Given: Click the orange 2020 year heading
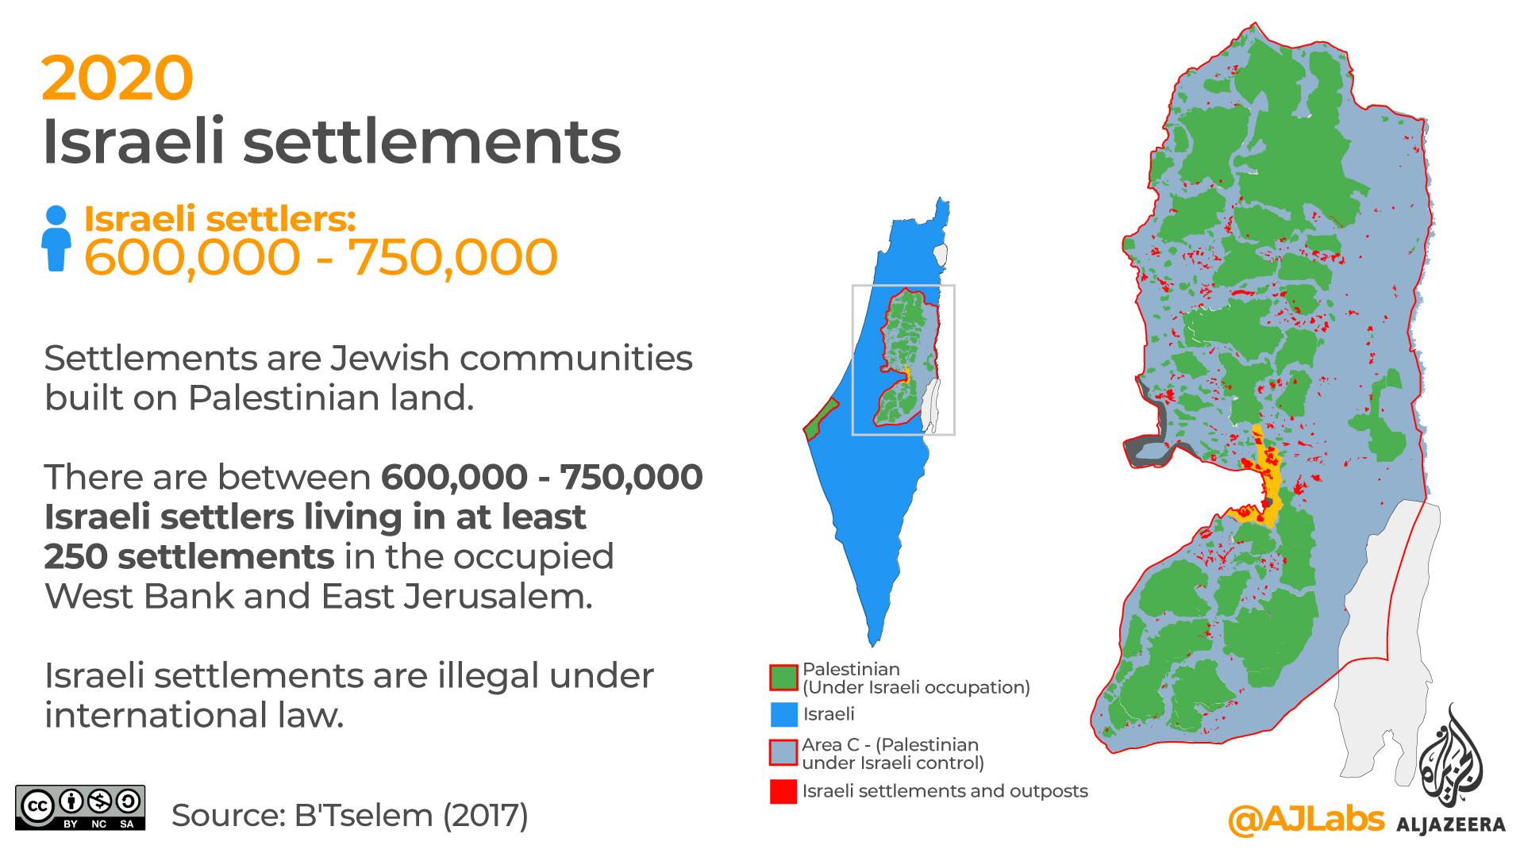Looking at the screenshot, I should coord(117,79).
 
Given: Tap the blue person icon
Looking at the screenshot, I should coord(56,238).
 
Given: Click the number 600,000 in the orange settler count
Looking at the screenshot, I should coord(192,257).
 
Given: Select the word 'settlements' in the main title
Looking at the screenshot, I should coord(431,142).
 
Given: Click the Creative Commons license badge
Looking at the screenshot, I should coord(80,808).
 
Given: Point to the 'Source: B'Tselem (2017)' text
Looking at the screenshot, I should coord(349,815).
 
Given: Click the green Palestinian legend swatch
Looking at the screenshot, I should coord(783,678).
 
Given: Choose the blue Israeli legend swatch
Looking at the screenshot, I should coord(783,714).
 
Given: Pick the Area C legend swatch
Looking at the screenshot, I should coord(783,752).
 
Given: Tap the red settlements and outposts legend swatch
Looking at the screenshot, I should coord(783,791).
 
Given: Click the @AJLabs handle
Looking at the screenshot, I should coord(1306,819).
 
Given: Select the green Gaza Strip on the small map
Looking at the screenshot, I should coord(821,419).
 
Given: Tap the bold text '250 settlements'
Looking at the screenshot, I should coord(189,557).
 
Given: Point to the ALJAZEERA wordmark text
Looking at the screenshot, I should coord(1450,825).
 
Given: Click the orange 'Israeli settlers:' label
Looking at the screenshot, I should coord(220,219).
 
